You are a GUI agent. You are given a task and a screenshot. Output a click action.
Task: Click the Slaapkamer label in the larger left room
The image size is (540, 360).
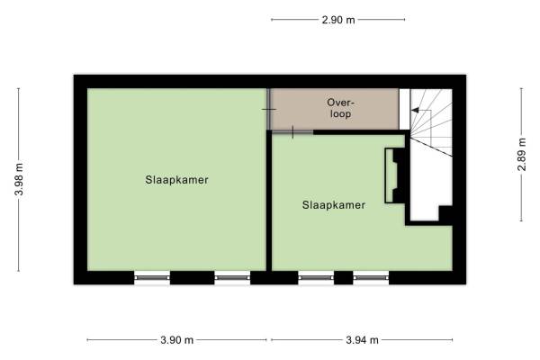tap(176, 180)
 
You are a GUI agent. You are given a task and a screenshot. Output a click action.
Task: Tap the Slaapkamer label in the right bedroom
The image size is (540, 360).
tap(334, 205)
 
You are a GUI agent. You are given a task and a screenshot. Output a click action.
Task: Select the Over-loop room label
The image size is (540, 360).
tap(340, 108)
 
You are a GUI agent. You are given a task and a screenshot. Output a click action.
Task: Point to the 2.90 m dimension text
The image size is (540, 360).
tap(338, 20)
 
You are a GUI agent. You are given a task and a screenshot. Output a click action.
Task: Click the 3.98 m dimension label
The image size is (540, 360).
tap(19, 179)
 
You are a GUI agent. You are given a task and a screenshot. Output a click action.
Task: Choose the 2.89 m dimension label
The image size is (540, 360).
tap(522, 154)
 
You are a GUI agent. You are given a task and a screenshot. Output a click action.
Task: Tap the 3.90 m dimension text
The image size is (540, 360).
tap(177, 340)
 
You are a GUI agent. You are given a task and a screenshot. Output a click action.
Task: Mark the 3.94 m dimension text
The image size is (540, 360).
tap(363, 340)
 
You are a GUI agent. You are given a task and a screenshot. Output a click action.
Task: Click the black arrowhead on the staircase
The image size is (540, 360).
tap(415, 110)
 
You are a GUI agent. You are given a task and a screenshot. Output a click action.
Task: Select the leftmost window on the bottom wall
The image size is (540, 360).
tap(152, 278)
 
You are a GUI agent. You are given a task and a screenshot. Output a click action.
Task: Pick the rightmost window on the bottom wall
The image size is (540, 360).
tap(371, 278)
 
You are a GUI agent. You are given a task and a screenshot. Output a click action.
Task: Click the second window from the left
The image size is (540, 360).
tap(232, 278)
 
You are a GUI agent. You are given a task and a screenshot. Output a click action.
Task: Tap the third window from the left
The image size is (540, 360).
tap(316, 278)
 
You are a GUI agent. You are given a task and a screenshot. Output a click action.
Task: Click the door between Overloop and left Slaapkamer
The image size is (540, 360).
tap(268, 109)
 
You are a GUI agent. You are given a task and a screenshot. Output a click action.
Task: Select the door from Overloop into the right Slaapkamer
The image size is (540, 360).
tap(292, 132)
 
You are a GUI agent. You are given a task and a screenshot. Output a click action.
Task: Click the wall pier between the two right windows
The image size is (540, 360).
tap(344, 278)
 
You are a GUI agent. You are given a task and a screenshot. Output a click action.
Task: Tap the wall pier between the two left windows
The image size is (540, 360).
tap(193, 278)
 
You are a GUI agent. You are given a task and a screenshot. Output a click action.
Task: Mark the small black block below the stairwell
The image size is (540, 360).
tap(445, 214)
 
